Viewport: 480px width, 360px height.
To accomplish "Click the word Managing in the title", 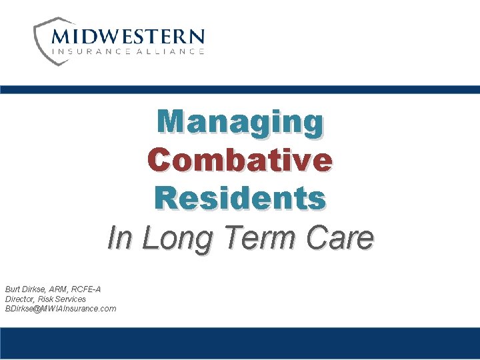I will tap(240, 122).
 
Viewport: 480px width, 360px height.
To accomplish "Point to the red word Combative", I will tap(240, 160).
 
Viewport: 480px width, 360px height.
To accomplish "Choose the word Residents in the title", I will tap(240, 198).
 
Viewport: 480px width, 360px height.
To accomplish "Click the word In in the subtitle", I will tap(121, 238).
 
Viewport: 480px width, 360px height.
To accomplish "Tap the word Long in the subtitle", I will tap(177, 238).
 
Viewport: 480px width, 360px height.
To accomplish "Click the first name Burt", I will tap(13, 289).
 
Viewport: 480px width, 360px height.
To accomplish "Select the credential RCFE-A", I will tap(88, 289).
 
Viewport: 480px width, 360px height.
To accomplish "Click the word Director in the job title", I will tap(20, 299).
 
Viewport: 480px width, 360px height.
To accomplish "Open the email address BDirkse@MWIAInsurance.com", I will tap(61, 309).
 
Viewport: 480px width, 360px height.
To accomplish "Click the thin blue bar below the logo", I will tap(240, 89).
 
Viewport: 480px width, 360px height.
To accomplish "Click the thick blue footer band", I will tap(240, 343).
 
